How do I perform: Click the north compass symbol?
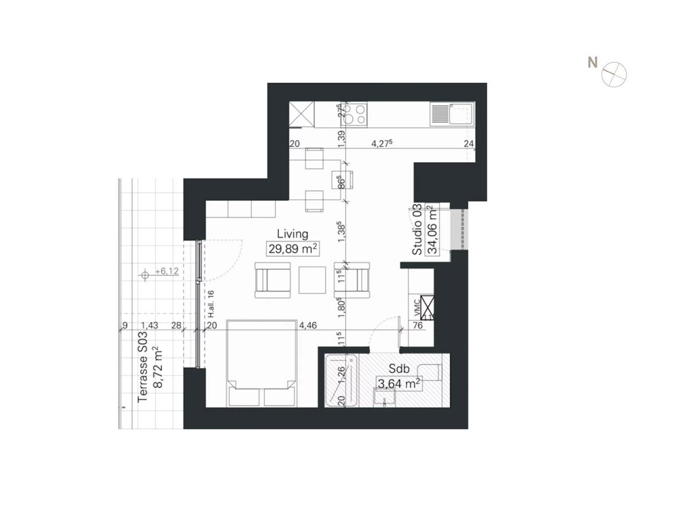[614, 74]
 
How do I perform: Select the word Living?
[292, 234]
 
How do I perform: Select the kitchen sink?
[460, 114]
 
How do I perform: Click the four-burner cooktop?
[355, 114]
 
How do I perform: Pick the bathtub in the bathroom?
[341, 380]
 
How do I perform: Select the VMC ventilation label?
[417, 305]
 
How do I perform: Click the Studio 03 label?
[417, 230]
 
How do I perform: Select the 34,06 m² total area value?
[433, 230]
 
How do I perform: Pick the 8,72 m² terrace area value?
[159, 368]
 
